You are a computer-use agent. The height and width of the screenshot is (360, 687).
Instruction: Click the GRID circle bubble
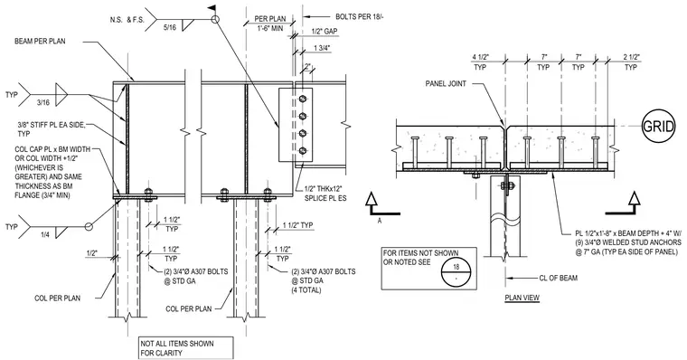click(658, 127)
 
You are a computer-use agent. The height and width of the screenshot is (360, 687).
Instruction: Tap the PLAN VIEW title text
click(522, 298)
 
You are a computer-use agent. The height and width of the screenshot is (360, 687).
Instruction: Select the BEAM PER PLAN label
click(40, 42)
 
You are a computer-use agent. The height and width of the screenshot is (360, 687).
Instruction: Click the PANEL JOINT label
click(446, 83)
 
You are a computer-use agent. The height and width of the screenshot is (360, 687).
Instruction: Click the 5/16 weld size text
click(169, 27)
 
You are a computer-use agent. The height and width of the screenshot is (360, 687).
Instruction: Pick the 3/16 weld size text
click(43, 101)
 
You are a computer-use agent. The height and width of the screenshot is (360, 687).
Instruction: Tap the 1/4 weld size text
click(44, 234)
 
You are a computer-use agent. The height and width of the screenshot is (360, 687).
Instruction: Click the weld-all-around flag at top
click(212, 8)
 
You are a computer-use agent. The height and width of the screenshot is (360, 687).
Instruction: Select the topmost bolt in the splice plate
click(302, 99)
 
